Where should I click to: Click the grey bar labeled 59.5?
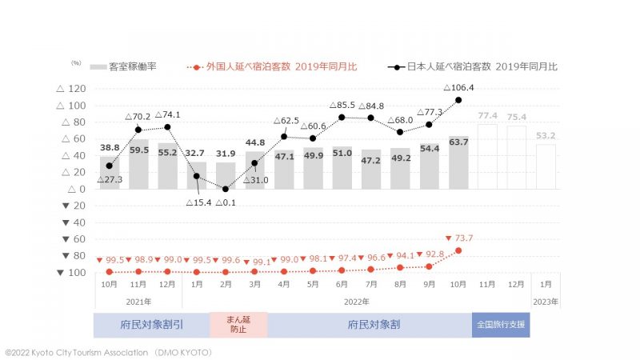click(x=138, y=164)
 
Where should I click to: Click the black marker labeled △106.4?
click(x=458, y=100)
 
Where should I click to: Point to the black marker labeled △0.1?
click(x=226, y=189)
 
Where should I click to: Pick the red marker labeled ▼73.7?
click(x=458, y=250)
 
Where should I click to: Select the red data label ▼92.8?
click(x=428, y=254)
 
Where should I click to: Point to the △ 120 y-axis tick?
click(x=73, y=89)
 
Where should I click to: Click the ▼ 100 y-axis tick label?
click(x=73, y=273)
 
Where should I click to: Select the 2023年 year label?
click(x=546, y=302)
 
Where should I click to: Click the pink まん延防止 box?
click(x=238, y=325)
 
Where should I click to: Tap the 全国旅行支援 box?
click(x=502, y=325)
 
